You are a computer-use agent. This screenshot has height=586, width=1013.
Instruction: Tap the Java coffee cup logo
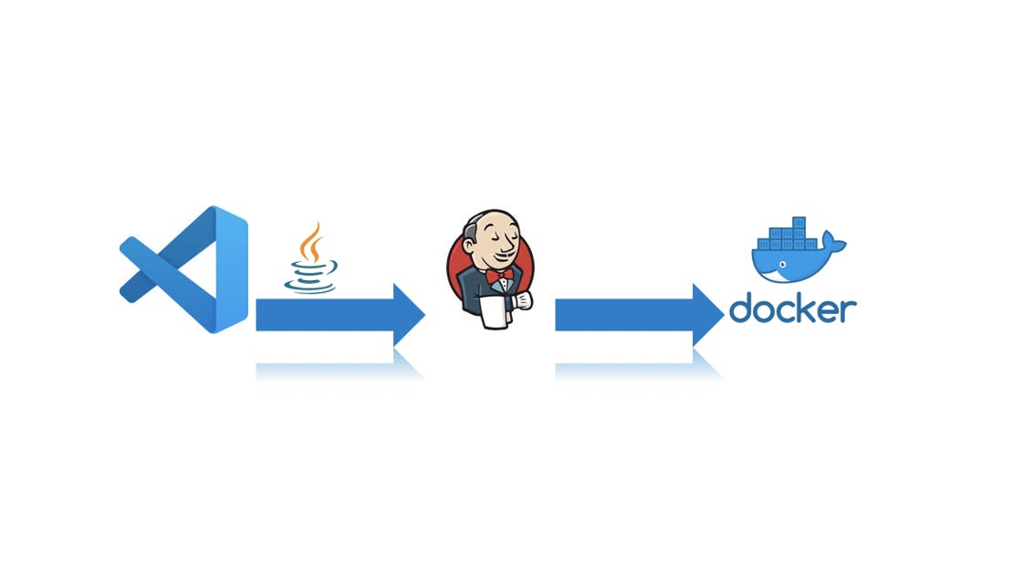[311, 257]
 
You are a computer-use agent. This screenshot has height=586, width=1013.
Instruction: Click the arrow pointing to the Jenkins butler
[340, 315]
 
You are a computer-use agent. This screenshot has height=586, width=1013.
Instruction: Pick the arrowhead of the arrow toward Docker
[707, 315]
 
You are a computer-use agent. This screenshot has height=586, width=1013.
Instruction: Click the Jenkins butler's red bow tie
[499, 276]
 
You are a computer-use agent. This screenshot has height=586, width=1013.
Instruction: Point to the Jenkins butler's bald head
[490, 220]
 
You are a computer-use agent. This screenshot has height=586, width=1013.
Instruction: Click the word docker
[793, 308]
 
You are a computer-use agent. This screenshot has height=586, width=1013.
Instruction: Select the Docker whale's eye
[782, 265]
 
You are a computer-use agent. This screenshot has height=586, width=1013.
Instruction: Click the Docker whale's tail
[834, 244]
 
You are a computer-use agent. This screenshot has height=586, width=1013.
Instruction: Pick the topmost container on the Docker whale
[799, 223]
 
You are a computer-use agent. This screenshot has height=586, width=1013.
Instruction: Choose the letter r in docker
[849, 310]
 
